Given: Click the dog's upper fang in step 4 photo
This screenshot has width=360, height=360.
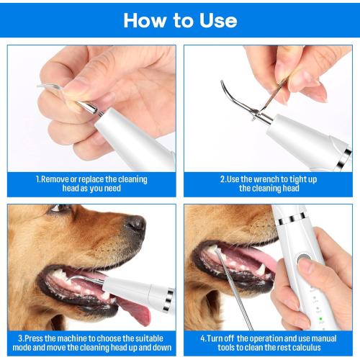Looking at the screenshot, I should (x=215, y=251).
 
